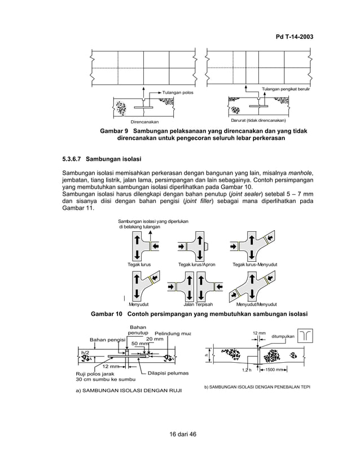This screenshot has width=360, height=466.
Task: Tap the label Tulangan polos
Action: point(178,93)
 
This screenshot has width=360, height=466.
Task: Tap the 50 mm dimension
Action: point(140,344)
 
